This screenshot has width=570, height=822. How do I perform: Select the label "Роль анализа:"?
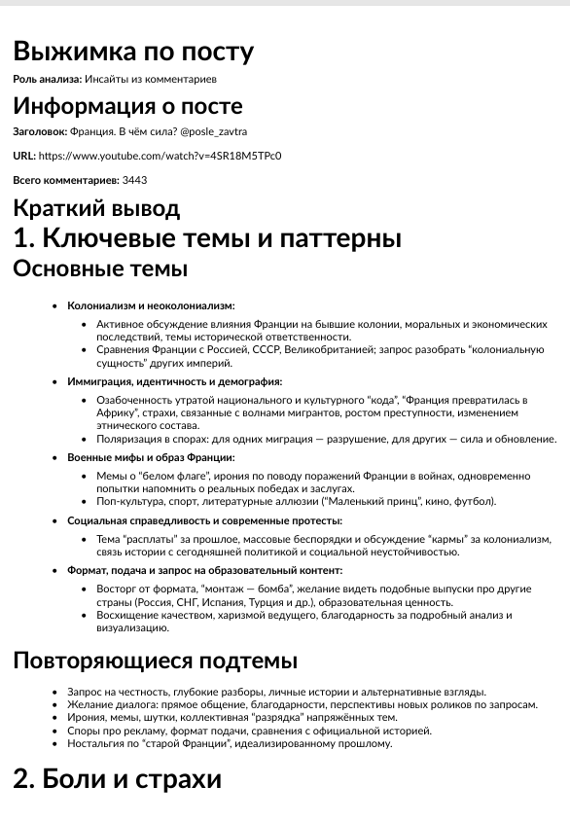(x=47, y=78)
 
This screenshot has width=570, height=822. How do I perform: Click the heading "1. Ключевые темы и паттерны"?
(x=207, y=238)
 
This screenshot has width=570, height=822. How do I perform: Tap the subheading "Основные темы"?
(x=100, y=268)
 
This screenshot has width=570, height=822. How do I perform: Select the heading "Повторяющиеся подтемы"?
(x=155, y=661)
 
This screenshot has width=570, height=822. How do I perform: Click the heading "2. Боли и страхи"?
(x=117, y=778)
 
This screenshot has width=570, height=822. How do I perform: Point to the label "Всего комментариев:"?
(x=65, y=180)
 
